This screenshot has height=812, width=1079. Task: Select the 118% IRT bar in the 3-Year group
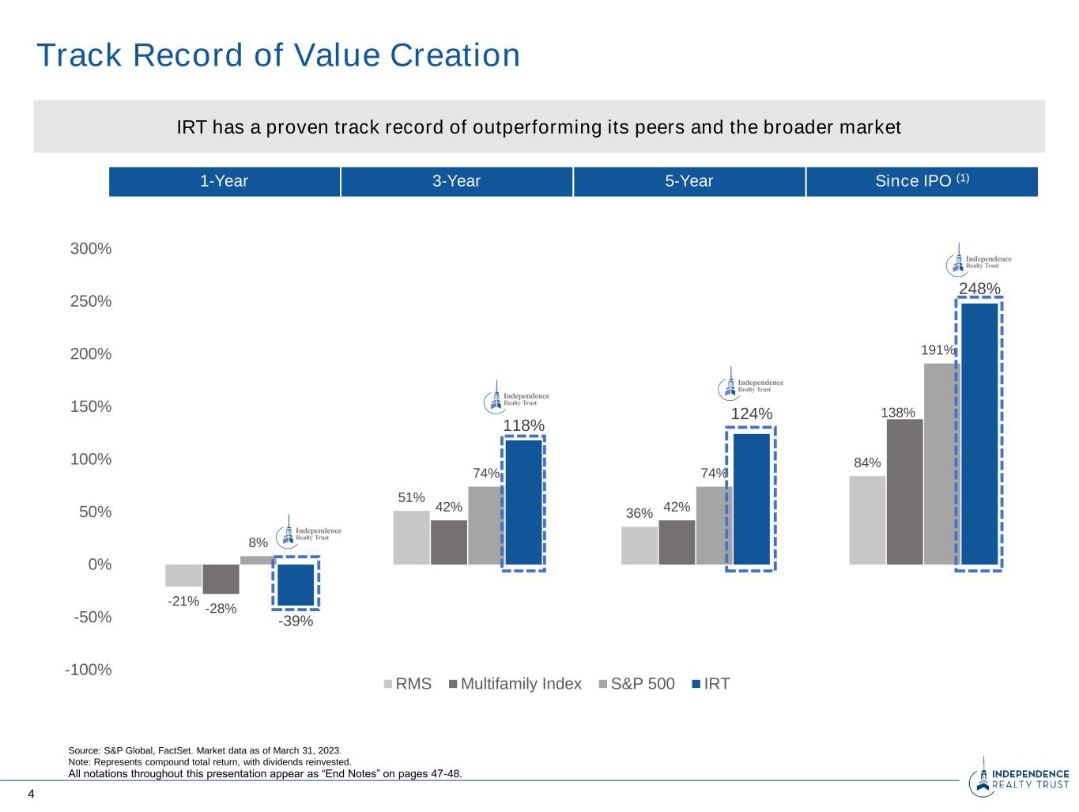(523, 502)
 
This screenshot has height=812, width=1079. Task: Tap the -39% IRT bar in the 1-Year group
(296, 584)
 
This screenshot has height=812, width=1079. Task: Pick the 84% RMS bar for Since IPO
(867, 519)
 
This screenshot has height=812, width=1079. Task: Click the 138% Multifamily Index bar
(904, 491)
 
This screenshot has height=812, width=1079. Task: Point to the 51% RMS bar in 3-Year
(411, 538)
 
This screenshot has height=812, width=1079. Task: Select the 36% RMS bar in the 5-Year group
(639, 546)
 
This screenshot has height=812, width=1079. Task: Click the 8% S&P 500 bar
(257, 560)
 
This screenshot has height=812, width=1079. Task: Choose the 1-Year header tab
(224, 181)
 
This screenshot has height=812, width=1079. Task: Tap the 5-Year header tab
(689, 181)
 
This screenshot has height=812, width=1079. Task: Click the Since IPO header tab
(922, 181)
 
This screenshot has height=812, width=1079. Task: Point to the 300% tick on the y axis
(91, 249)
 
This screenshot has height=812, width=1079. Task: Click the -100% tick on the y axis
(89, 670)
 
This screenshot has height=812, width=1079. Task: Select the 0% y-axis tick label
(100, 565)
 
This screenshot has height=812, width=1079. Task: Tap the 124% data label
(751, 414)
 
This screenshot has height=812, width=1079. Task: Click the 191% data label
(938, 350)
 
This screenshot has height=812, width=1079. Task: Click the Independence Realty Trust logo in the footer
(1019, 778)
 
